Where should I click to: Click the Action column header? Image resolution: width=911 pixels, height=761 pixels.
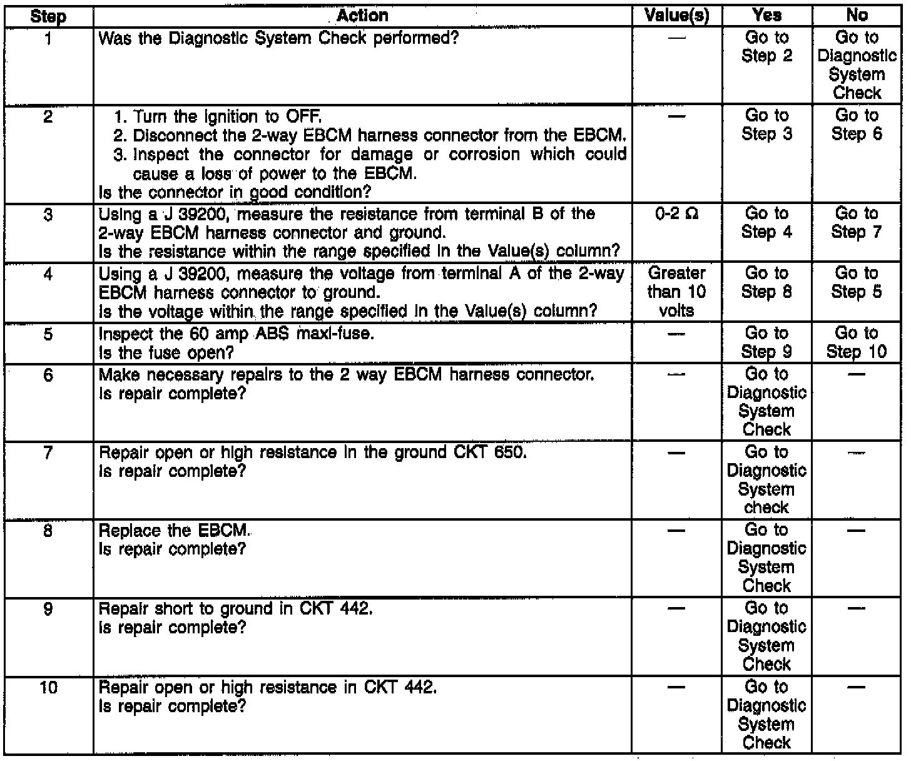(x=362, y=16)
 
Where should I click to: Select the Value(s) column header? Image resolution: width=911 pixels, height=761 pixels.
(x=676, y=16)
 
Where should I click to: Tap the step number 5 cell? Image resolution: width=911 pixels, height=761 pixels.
(x=48, y=335)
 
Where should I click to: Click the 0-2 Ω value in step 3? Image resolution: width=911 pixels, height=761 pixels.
(x=676, y=214)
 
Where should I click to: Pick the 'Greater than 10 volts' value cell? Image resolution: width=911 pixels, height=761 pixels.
(x=676, y=292)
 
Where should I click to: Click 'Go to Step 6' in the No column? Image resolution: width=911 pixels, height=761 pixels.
(x=857, y=125)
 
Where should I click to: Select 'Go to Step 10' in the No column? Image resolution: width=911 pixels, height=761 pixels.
(x=857, y=342)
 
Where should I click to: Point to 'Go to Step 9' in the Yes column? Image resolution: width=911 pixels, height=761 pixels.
(x=766, y=342)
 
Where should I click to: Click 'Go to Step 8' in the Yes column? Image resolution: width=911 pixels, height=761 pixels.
(x=766, y=283)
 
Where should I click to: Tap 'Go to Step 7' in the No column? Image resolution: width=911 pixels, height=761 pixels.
(x=857, y=223)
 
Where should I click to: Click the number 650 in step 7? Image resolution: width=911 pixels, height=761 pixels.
(x=507, y=452)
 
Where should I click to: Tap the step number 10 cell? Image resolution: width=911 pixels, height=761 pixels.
(x=48, y=688)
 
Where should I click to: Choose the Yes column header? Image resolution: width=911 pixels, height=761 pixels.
(x=766, y=16)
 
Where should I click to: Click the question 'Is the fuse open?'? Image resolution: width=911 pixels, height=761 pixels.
(x=166, y=353)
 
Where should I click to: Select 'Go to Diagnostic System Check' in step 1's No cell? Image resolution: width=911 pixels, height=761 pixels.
(x=857, y=65)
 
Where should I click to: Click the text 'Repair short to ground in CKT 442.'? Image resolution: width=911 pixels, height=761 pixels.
(x=236, y=609)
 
